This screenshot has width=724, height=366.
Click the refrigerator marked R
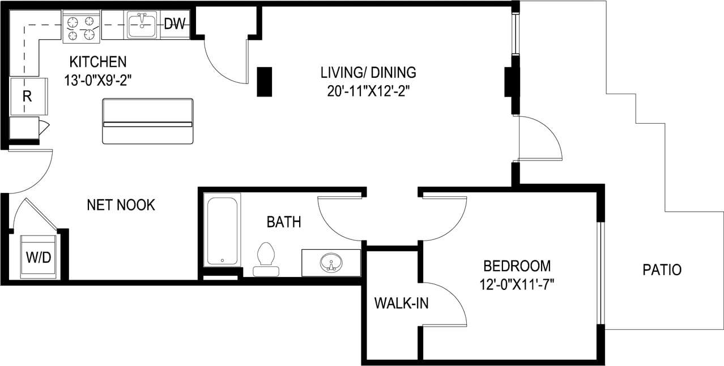pyautogui.click(x=27, y=96)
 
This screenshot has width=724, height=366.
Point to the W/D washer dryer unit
pyautogui.click(x=39, y=257)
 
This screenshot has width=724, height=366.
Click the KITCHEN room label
pyautogui.click(x=97, y=61)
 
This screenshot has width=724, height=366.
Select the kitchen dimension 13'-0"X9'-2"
pyautogui.click(x=97, y=80)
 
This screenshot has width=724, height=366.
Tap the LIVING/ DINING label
pyautogui.click(x=368, y=73)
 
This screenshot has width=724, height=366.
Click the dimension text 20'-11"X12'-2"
pyautogui.click(x=368, y=91)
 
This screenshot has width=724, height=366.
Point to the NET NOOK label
pyautogui.click(x=121, y=205)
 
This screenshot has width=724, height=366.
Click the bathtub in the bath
pyautogui.click(x=222, y=230)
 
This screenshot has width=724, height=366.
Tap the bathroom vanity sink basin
pyautogui.click(x=331, y=263)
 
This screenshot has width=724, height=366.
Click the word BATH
pyautogui.click(x=284, y=222)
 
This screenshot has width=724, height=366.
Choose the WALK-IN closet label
pyautogui.click(x=401, y=303)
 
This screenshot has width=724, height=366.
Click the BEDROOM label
pyautogui.click(x=517, y=266)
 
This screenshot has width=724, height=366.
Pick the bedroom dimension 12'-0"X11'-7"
pyautogui.click(x=517, y=284)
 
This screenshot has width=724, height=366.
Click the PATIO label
pyautogui.click(x=662, y=270)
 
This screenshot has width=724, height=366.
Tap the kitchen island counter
pyautogui.click(x=147, y=121)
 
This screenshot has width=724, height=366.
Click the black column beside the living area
pyautogui.click(x=265, y=82)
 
